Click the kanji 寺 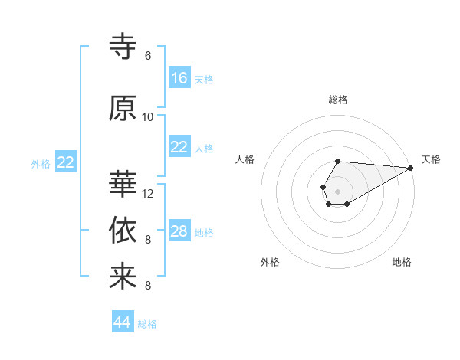[x=123, y=47]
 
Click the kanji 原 [x=123, y=108]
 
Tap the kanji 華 [x=123, y=185]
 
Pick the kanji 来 [x=123, y=277]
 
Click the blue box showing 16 [x=179, y=77]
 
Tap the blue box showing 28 [x=179, y=231]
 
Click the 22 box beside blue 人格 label [x=179, y=147]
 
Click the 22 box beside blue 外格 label [x=66, y=162]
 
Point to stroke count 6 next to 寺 [x=148, y=56]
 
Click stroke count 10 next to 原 [x=148, y=117]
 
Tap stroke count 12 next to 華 [x=148, y=194]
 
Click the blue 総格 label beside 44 [x=147, y=324]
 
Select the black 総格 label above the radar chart [x=338, y=100]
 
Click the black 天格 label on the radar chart [x=431, y=159]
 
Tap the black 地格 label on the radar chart [x=402, y=262]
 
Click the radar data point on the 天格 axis [x=410, y=167]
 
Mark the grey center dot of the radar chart [x=337, y=190]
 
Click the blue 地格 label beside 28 [x=204, y=232]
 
